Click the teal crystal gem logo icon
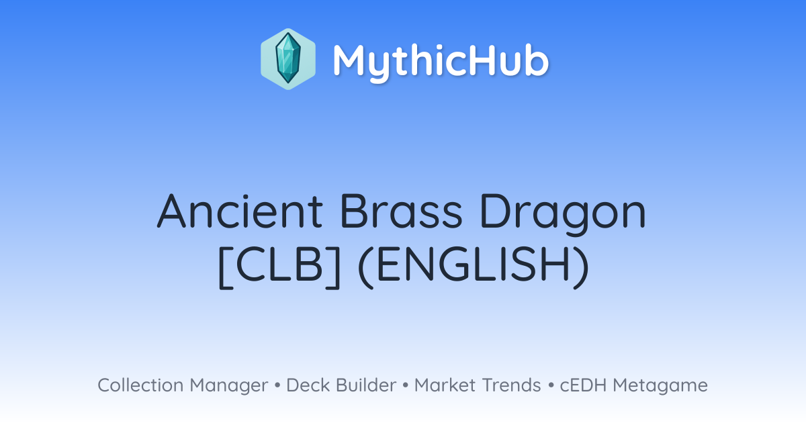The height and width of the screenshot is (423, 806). [288, 59]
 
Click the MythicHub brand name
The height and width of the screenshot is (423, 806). [441, 62]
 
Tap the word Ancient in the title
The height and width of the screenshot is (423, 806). [240, 211]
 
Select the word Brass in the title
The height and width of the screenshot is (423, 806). [401, 211]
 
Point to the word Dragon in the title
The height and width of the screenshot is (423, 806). [563, 214]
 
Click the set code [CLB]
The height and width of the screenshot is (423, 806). [279, 267]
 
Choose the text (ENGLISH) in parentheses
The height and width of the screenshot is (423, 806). [474, 267]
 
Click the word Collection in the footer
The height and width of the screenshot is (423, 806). [140, 385]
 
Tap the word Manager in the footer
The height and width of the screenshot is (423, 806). [229, 387]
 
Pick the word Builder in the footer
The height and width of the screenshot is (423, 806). [366, 385]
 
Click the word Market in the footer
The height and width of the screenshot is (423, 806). [445, 385]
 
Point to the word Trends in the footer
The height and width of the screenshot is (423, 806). [511, 385]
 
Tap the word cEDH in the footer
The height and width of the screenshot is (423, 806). [583, 385]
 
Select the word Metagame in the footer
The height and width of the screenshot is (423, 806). [660, 387]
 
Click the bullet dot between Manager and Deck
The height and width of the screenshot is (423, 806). [277, 385]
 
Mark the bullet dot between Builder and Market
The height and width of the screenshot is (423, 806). [406, 385]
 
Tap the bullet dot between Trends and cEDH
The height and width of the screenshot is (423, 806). [551, 385]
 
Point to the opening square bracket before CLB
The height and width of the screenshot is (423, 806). [226, 267]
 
